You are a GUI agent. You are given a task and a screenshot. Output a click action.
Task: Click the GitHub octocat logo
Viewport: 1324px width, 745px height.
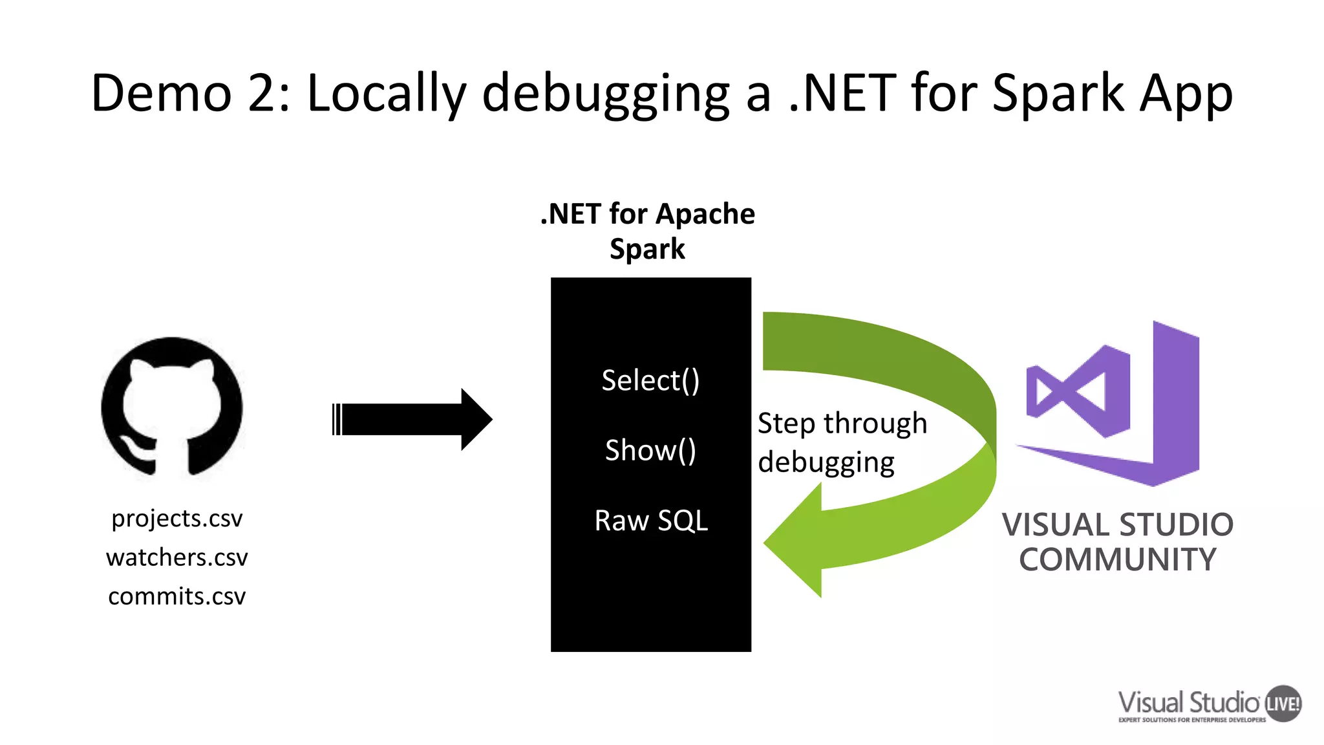coord(172,407)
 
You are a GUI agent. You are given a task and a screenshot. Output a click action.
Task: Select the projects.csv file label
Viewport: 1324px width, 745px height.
coord(176,519)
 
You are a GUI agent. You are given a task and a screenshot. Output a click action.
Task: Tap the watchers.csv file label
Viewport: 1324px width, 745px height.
coord(176,557)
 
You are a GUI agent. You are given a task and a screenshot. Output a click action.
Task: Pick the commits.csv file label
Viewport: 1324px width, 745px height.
coord(176,596)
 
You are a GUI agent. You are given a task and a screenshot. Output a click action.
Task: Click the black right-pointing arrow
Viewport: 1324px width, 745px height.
coord(414,419)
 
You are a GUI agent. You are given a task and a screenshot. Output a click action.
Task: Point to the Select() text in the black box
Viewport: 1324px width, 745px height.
coord(650,380)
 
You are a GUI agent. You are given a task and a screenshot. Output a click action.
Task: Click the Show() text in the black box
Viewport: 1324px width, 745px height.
coord(650,450)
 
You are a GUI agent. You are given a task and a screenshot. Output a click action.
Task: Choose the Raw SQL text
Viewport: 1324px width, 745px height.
coord(651,521)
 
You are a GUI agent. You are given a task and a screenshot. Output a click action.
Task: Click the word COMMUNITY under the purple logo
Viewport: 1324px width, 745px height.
coord(1117,560)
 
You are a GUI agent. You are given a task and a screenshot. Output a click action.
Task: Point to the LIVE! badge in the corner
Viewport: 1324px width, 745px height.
coord(1283,704)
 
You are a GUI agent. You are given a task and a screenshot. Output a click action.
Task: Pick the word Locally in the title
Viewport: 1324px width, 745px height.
coord(386,93)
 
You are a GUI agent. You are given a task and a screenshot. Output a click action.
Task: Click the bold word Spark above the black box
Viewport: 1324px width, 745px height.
coord(647,249)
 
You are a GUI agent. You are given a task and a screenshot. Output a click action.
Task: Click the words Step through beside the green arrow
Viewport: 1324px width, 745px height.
coord(842,424)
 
